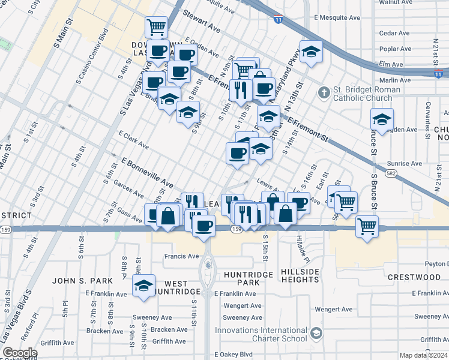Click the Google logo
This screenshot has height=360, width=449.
point(20,353)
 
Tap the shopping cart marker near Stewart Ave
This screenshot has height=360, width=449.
point(156,27)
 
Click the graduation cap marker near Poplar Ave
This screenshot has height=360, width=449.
point(311,52)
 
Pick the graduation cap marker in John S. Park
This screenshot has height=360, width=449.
point(143,286)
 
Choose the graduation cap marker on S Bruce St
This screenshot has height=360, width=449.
point(382,119)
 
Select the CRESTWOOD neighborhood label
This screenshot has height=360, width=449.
point(414,277)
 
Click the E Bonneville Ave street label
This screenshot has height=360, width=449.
point(147,173)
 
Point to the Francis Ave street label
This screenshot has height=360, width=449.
point(182,256)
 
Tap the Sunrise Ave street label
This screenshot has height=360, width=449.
point(405,163)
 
